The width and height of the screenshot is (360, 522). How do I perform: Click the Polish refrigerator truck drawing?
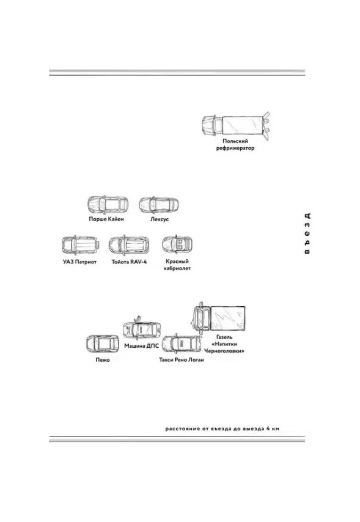tap(236, 125)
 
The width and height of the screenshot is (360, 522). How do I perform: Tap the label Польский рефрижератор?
tap(235, 144)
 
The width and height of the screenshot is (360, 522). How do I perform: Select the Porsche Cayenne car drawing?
tap(108, 205)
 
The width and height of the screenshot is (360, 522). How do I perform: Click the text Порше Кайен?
tap(106, 219)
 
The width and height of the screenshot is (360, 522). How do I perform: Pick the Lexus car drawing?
tap(159, 205)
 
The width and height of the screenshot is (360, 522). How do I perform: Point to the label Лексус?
tap(160, 219)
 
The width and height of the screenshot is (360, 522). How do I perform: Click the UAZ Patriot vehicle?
tap(80, 245)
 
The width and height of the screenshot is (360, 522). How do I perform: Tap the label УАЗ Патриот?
tap(79, 262)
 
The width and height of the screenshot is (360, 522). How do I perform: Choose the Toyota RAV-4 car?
tap(129, 245)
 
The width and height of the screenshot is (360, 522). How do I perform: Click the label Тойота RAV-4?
tap(129, 262)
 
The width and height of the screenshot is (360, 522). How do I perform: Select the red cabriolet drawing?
tap(177, 245)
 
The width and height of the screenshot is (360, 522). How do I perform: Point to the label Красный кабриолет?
tap(177, 265)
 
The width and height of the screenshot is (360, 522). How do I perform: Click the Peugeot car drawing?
tap(103, 344)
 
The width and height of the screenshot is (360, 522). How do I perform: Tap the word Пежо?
tap(103, 360)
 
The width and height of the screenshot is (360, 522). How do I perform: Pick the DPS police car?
tap(142, 328)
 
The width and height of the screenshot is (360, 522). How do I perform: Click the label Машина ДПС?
tap(142, 346)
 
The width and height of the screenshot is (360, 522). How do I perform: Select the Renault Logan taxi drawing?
tap(182, 344)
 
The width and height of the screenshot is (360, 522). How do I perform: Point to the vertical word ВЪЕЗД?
tap(307, 233)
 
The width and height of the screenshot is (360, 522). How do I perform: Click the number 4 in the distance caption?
tap(268, 428)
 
